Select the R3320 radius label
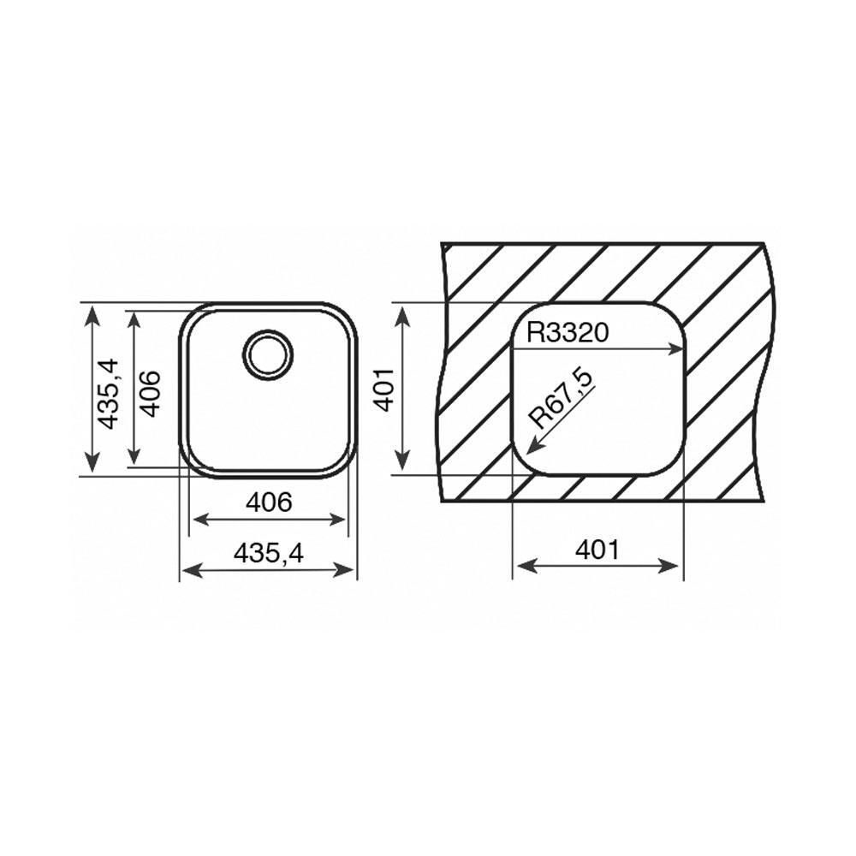point(568,332)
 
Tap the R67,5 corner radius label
point(562,400)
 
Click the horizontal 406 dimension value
point(269,502)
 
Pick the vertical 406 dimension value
point(150,394)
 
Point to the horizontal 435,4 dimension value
point(268,555)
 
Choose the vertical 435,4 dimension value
point(107,393)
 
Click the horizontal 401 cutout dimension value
point(597,550)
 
